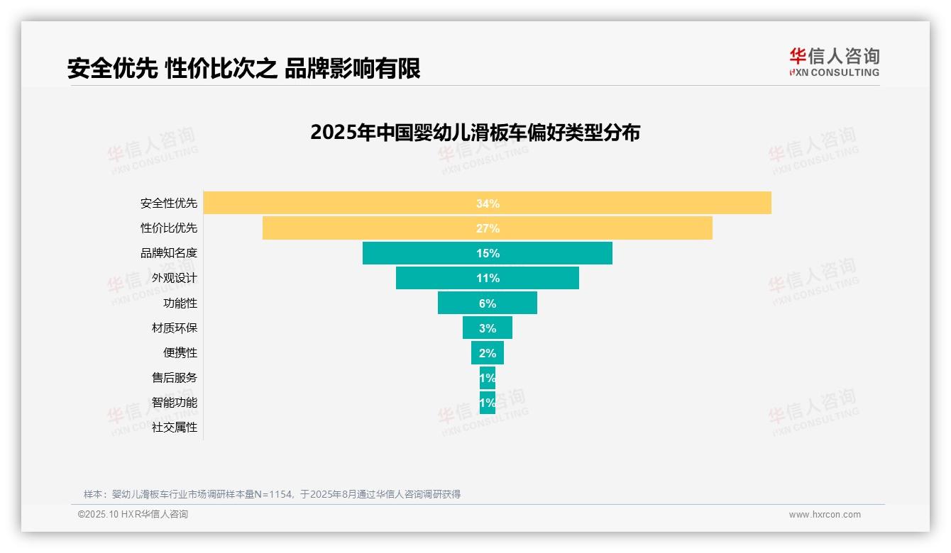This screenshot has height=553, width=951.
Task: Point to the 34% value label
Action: pyautogui.click(x=488, y=203)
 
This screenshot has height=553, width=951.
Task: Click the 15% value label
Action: pyautogui.click(x=488, y=253)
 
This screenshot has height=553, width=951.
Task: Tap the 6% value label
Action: pyautogui.click(x=488, y=303)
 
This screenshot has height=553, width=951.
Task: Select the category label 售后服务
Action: pyautogui.click(x=175, y=378)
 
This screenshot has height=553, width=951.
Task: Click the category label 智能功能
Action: pyautogui.click(x=175, y=403)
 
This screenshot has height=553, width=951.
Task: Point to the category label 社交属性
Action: pyautogui.click(x=175, y=428)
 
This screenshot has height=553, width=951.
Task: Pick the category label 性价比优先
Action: pyautogui.click(x=169, y=228)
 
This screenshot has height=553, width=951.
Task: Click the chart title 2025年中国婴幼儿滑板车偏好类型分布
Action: pyautogui.click(x=475, y=133)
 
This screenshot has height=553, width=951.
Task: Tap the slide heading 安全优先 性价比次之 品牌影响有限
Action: pyautogui.click(x=243, y=69)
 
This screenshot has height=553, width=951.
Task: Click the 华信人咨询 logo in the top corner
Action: pyautogui.click(x=834, y=62)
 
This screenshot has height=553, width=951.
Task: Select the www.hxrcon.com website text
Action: pyautogui.click(x=825, y=515)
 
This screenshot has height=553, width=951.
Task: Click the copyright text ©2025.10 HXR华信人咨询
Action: pyautogui.click(x=133, y=515)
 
